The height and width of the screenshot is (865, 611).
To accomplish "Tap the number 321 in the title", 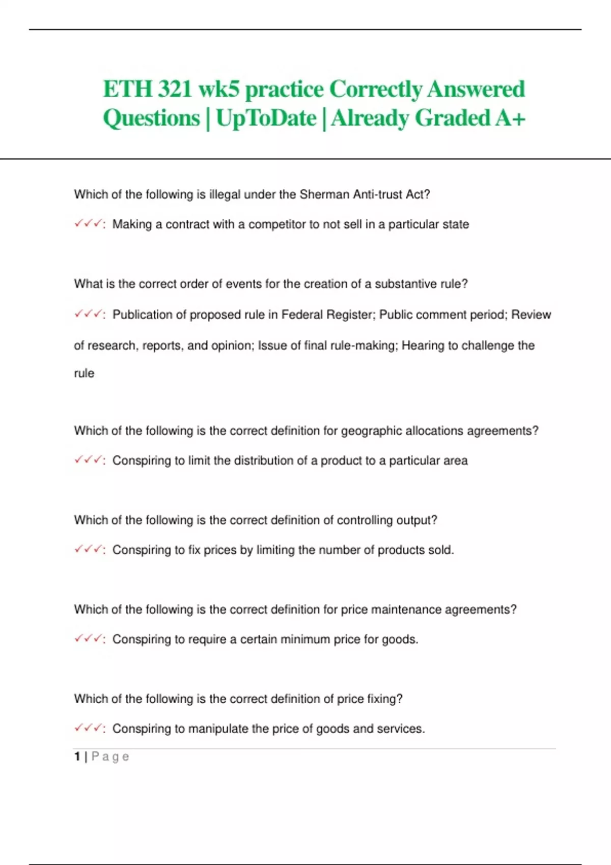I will point(175,90).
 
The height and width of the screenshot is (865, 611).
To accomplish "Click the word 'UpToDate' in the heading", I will point(266,118).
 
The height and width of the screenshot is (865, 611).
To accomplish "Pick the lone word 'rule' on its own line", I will point(84,373).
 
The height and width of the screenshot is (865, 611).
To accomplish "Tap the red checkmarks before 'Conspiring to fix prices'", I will point(89,550).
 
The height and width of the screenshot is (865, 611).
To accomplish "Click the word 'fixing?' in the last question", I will point(384,699).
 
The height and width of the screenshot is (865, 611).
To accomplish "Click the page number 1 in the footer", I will point(77,757).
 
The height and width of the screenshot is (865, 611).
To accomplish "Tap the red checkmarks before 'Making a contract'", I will point(89,224).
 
